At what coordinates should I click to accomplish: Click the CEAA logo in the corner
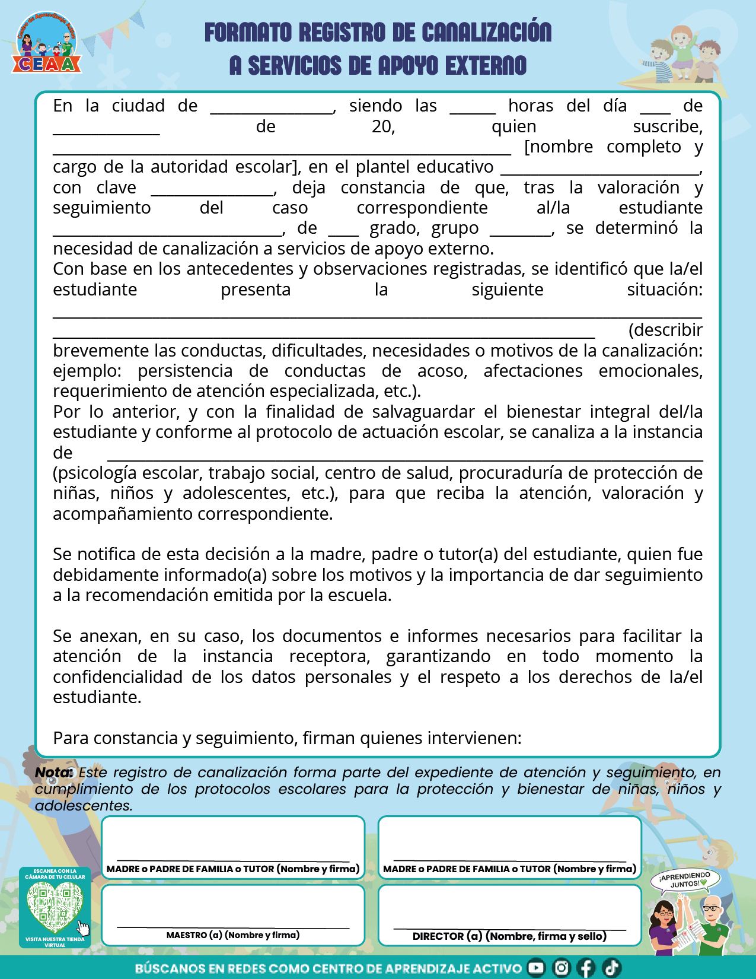pyautogui.click(x=46, y=44)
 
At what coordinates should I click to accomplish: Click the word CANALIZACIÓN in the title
pyautogui.click(x=486, y=33)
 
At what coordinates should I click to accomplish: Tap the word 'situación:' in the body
pyautogui.click(x=664, y=290)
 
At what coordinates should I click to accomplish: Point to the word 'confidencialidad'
pyautogui.click(x=117, y=677)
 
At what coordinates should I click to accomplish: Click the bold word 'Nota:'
pyautogui.click(x=54, y=773)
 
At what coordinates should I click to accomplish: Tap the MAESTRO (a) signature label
pyautogui.click(x=233, y=935)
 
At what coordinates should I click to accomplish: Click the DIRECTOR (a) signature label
pyautogui.click(x=509, y=936)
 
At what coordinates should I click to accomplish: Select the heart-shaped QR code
pyautogui.click(x=55, y=905)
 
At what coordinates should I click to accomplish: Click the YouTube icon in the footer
pyautogui.click(x=536, y=968)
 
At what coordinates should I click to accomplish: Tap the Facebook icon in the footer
pyautogui.click(x=586, y=968)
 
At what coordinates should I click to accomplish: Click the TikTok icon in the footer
pyautogui.click(x=611, y=968)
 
